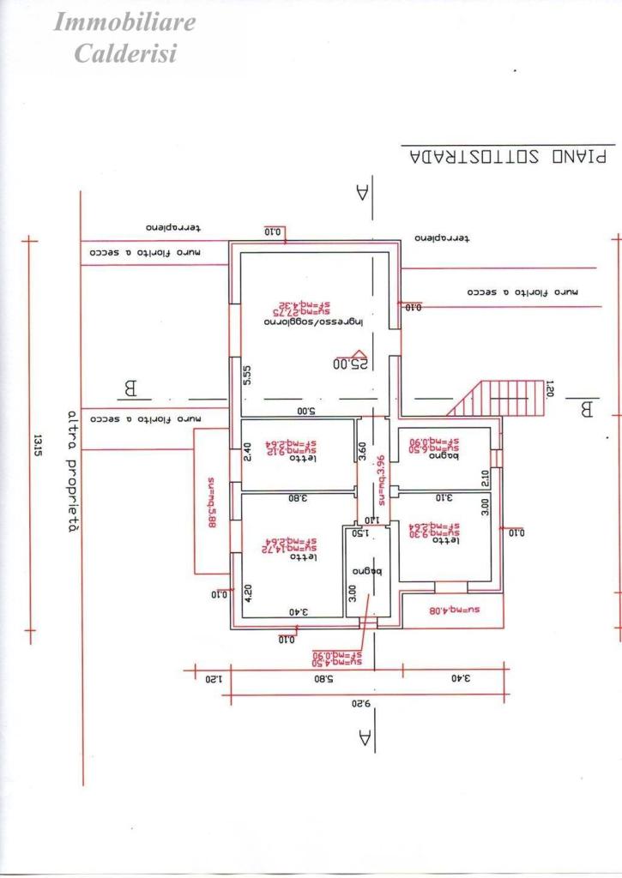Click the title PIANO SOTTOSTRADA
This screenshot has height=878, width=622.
507,157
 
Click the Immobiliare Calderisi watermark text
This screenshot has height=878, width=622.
124,37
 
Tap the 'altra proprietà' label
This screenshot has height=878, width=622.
74,471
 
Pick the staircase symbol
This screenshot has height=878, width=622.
501,399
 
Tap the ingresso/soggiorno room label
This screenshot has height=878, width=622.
314,322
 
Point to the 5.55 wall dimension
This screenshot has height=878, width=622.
246,376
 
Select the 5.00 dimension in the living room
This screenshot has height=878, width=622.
307,411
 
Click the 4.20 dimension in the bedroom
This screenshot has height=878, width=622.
248,595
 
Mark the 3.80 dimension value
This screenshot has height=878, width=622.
296,497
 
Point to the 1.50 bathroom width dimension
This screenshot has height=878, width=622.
359,532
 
